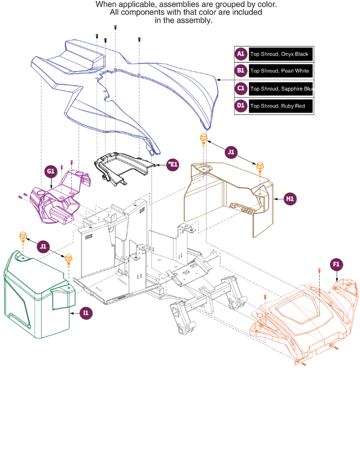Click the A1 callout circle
[x=241, y=54]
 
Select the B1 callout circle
[x=241, y=71]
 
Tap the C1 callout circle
[x=241, y=89]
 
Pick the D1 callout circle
[x=241, y=106]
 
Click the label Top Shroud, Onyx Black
[x=279, y=54]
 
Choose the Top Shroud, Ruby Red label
[x=278, y=106]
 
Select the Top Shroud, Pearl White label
[x=279, y=71]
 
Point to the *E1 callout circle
[x=173, y=165]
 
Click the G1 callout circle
[x=51, y=171]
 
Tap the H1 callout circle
[x=290, y=199]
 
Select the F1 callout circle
[x=336, y=264]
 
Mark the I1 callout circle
[x=86, y=313]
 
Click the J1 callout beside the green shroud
[x=43, y=246]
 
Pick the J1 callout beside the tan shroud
[x=231, y=152]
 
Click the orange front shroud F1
[x=302, y=320]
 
